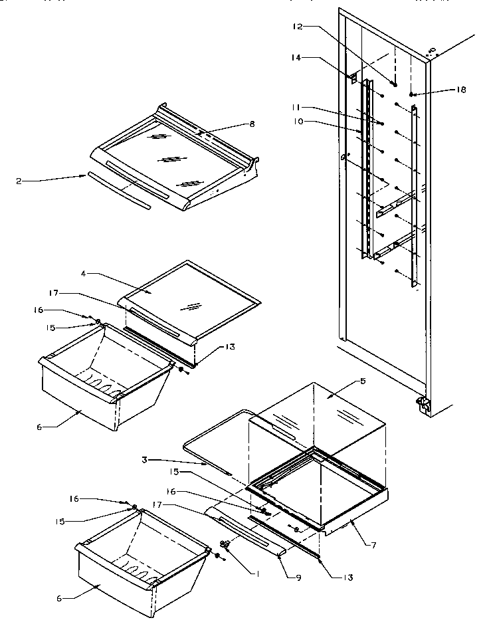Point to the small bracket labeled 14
click(353, 78)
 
